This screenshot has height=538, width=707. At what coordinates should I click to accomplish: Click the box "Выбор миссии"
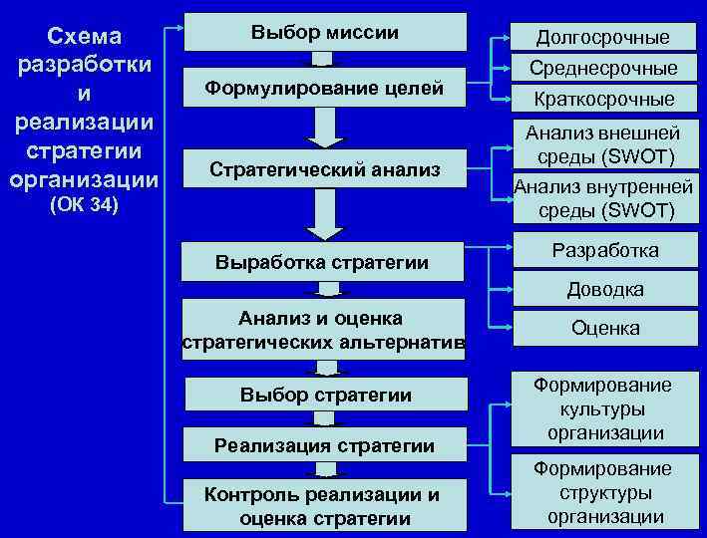324,33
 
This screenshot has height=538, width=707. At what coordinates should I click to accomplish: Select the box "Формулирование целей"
324,89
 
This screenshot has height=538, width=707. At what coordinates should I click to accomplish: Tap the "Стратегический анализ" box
324,170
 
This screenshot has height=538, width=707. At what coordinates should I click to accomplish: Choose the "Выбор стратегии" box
325,396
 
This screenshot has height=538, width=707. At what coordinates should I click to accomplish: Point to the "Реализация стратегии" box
325,445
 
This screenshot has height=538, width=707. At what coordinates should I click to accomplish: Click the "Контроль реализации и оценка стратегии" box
325,506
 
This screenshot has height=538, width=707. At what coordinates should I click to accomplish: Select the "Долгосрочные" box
602,37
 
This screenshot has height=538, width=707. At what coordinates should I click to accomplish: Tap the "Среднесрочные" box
602,68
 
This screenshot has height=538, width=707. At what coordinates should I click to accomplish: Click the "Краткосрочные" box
602,99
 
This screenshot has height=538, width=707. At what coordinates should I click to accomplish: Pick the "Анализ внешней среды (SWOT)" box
602,144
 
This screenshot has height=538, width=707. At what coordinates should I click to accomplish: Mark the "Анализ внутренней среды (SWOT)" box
602,197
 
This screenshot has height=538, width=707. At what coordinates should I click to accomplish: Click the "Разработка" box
602,250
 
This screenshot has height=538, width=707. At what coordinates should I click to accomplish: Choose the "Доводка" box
602,290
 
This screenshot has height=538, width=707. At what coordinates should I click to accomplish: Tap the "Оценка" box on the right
602,328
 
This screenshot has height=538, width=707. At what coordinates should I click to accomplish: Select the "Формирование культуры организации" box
602,408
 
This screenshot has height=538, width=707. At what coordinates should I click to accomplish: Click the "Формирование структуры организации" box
602,492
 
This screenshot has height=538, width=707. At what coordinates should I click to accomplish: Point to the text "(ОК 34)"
84,206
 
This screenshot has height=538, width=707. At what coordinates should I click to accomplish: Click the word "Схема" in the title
84,37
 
